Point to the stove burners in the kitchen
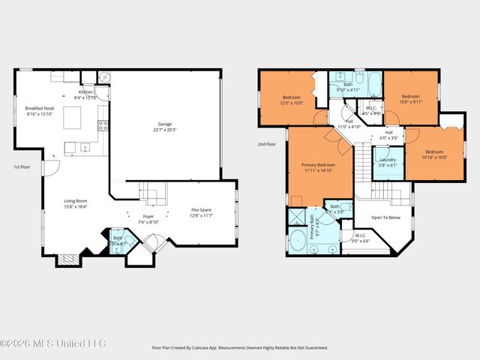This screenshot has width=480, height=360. (x=103, y=125)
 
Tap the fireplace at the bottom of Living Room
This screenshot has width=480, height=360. (x=68, y=259)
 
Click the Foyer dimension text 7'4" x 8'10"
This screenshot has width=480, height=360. (x=148, y=222)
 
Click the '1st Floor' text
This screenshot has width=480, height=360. (x=22, y=166)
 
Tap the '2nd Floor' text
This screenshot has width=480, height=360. (x=266, y=143)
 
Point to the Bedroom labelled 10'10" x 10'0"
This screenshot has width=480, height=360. (x=433, y=154)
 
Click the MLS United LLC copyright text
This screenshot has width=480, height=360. (x=54, y=343)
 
